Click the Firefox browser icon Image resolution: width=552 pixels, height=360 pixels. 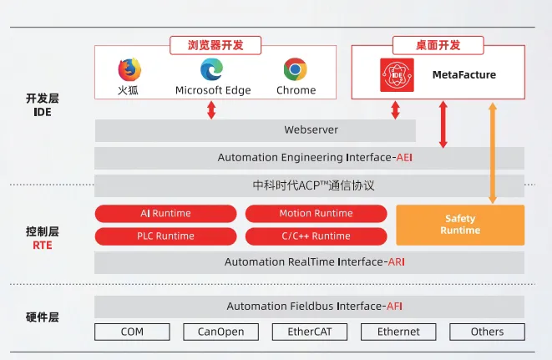pyautogui.click(x=129, y=69)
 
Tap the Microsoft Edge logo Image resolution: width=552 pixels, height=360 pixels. pyautogui.click(x=212, y=69)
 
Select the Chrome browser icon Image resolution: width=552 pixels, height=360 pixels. pyautogui.click(x=295, y=69)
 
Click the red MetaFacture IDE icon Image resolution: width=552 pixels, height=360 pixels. pyautogui.click(x=397, y=75)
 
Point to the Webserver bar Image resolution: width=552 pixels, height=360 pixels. pyautogui.click(x=255, y=130)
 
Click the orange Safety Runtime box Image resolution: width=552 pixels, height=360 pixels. pyautogui.click(x=460, y=225)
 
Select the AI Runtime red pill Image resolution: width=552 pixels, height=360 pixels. pyautogui.click(x=166, y=214)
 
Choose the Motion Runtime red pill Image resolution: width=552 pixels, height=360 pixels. pyautogui.click(x=316, y=214)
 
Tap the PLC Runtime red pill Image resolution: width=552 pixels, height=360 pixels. pyautogui.click(x=166, y=236)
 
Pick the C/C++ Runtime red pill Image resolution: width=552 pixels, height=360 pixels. pyautogui.click(x=316, y=236)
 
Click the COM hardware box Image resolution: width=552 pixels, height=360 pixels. pyautogui.click(x=132, y=332)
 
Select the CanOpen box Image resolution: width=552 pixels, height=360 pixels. pyautogui.click(x=220, y=332)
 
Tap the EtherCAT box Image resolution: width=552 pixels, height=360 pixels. pyautogui.click(x=310, y=332)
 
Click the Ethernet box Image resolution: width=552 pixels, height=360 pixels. pyautogui.click(x=398, y=332)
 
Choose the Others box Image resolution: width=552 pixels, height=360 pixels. pyautogui.click(x=487, y=332)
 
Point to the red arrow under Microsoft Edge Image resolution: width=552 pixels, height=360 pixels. pyautogui.click(x=211, y=109)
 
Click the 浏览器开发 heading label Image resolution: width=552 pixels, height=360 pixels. pyautogui.click(x=215, y=45)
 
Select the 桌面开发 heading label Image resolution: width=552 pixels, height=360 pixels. pyautogui.click(x=438, y=45)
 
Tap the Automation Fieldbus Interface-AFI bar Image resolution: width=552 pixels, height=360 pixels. pyautogui.click(x=309, y=307)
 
